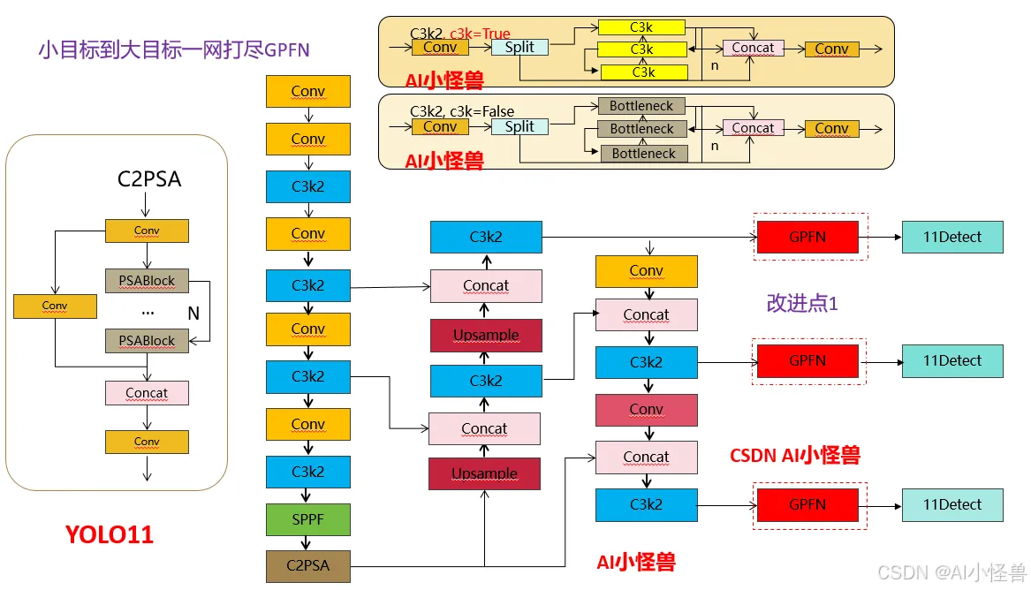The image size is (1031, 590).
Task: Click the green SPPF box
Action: point(307,519)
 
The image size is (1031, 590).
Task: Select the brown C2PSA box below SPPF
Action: point(307,565)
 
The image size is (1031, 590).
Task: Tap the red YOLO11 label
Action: point(110,535)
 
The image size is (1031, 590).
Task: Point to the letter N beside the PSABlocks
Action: point(193,314)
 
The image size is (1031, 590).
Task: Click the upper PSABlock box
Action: point(147,281)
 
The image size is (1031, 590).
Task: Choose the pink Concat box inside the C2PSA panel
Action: point(147,393)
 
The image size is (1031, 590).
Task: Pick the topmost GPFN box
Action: point(807,238)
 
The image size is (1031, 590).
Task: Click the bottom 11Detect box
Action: point(952,504)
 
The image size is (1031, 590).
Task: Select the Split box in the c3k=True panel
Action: point(519,48)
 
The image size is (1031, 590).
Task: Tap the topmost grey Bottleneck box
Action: point(641,106)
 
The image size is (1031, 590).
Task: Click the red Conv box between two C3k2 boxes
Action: point(647,410)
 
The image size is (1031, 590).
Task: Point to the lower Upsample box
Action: point(485,473)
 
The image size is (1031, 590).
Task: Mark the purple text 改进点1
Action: point(802,304)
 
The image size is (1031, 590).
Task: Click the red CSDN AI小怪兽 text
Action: point(795,456)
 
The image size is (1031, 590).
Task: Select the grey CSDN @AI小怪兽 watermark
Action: point(951,572)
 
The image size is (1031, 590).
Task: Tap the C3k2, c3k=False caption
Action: point(462,111)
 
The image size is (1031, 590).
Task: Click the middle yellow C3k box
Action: point(641,49)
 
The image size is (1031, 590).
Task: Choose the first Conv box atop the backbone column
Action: point(307,91)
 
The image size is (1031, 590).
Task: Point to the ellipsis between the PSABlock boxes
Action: point(148,313)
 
